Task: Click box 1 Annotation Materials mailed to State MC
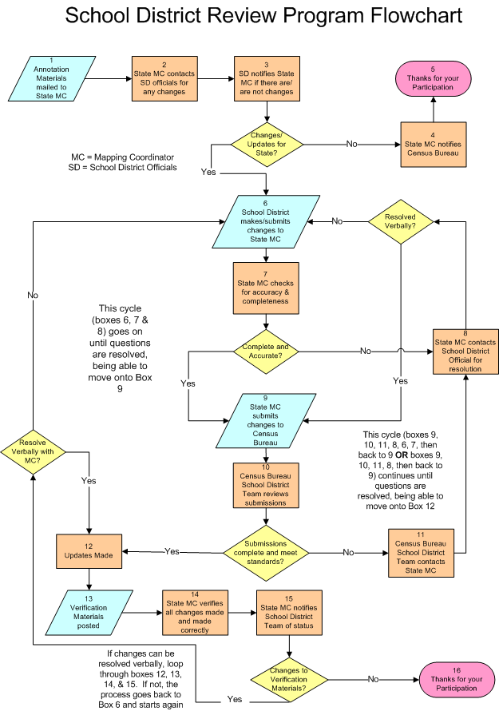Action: pyautogui.click(x=51, y=78)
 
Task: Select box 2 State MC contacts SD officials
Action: pyautogui.click(x=164, y=78)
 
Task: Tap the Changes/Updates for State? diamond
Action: pyautogui.click(x=266, y=145)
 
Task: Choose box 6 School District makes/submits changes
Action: pyautogui.click(x=266, y=221)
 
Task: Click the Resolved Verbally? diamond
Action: pyautogui.click(x=400, y=221)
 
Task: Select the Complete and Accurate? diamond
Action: pyautogui.click(x=266, y=351)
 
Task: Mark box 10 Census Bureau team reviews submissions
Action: pyautogui.click(x=266, y=486)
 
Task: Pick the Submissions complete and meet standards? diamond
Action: pyautogui.click(x=266, y=550)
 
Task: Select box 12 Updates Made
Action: pyautogui.click(x=88, y=550)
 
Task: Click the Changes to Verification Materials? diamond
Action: pyautogui.click(x=289, y=678)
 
